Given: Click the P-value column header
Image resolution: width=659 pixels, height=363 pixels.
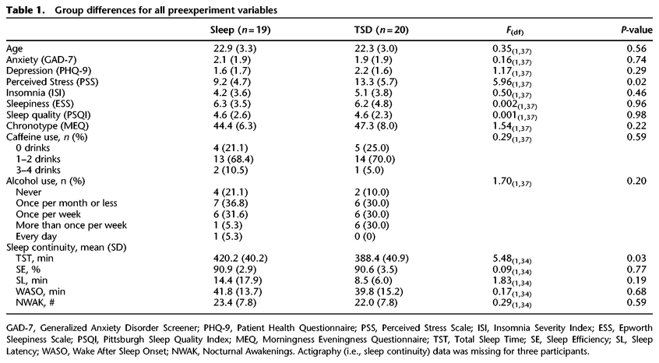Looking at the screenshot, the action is [636, 30].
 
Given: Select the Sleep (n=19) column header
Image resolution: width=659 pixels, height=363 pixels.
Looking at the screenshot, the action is [241, 30].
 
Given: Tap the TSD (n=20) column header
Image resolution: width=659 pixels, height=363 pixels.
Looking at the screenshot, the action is [382, 30].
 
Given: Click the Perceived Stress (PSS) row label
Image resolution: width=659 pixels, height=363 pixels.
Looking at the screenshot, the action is [52, 82].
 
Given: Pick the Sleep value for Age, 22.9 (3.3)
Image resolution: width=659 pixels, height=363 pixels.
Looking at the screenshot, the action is [234, 49].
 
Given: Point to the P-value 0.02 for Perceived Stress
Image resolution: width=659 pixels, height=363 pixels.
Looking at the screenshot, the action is [636, 82].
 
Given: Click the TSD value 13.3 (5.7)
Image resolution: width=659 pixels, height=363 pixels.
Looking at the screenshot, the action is [375, 82].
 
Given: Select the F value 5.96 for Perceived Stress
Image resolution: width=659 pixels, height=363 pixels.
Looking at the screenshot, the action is [512, 83].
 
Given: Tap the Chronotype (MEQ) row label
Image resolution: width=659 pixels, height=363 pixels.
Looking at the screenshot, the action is [48, 126].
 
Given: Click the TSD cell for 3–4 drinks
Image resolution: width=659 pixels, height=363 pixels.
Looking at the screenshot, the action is [369, 170].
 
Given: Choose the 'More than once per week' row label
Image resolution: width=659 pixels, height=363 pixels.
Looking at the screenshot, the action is [72, 225].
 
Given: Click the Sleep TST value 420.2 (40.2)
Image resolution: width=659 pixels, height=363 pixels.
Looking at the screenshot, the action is [240, 259].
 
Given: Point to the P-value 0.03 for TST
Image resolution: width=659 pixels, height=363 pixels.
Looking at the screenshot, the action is [636, 259].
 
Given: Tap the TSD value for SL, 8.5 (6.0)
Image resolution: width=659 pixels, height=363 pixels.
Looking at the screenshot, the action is [373, 280].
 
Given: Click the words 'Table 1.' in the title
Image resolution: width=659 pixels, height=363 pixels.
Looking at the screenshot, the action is [25, 10].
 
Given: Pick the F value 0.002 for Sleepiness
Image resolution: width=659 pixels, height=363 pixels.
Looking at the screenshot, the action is [515, 104].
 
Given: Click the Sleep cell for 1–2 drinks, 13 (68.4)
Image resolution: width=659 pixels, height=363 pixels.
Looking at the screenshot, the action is [233, 159].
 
